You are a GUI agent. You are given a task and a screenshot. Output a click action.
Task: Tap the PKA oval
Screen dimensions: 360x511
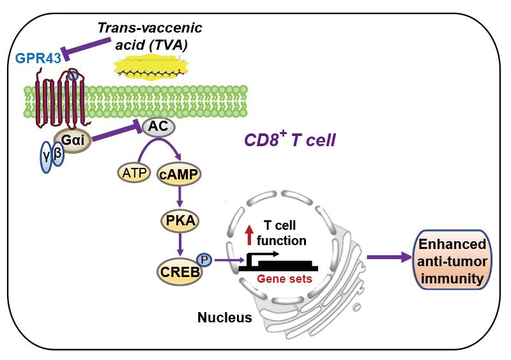click(x=181, y=221)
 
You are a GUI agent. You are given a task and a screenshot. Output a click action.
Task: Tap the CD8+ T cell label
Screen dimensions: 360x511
click(x=290, y=139)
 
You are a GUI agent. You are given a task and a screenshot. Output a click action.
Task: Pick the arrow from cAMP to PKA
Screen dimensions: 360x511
click(x=181, y=197)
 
